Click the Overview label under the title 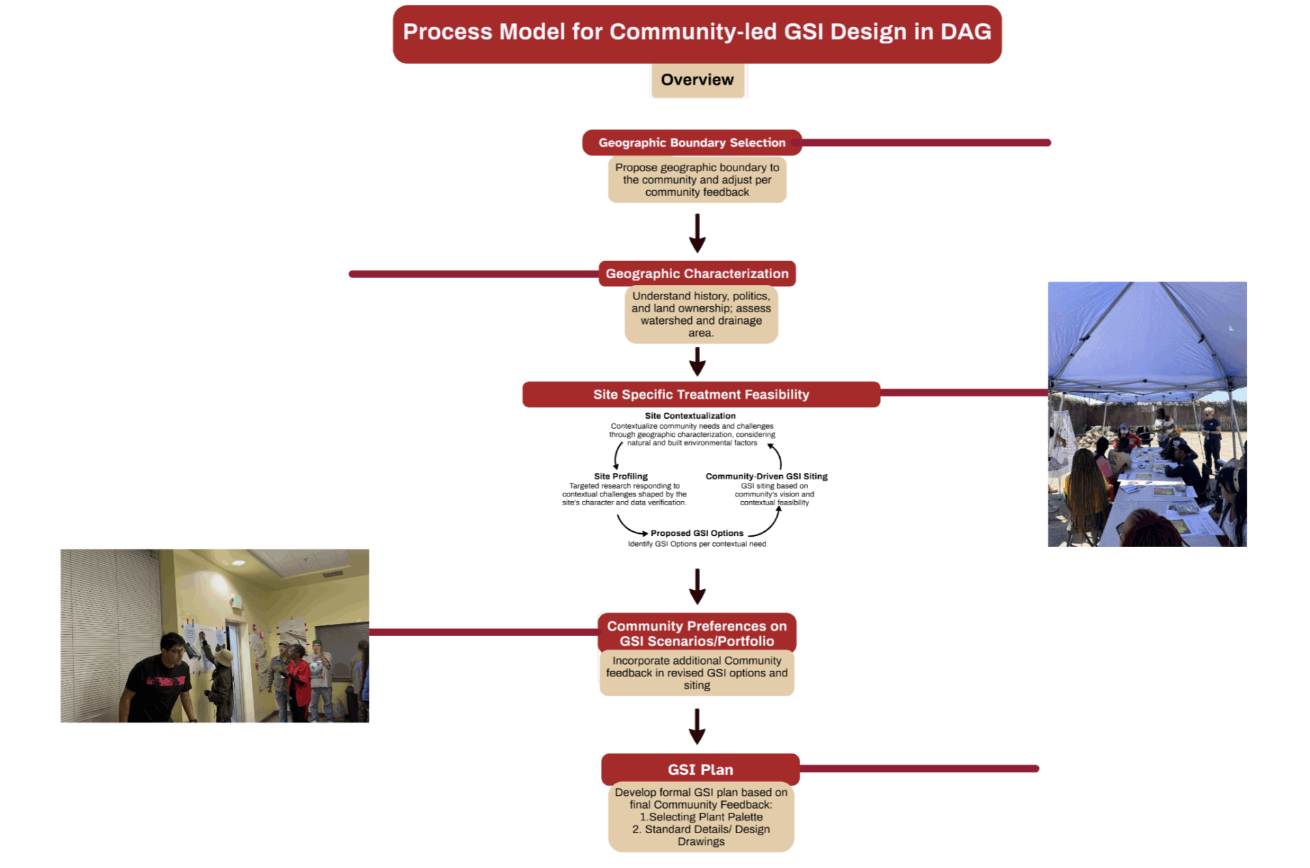697,80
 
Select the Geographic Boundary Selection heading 691,143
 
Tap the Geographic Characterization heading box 697,273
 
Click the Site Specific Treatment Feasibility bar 701,394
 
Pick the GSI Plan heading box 700,769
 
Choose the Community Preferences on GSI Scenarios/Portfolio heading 697,633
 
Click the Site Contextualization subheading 690,415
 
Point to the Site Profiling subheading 620,476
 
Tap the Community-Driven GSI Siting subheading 766,476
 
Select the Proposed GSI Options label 697,533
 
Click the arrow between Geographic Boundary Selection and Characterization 697,233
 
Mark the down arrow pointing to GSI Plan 697,727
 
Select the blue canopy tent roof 1146,334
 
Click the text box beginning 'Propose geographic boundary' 697,180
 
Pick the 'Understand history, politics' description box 701,314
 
